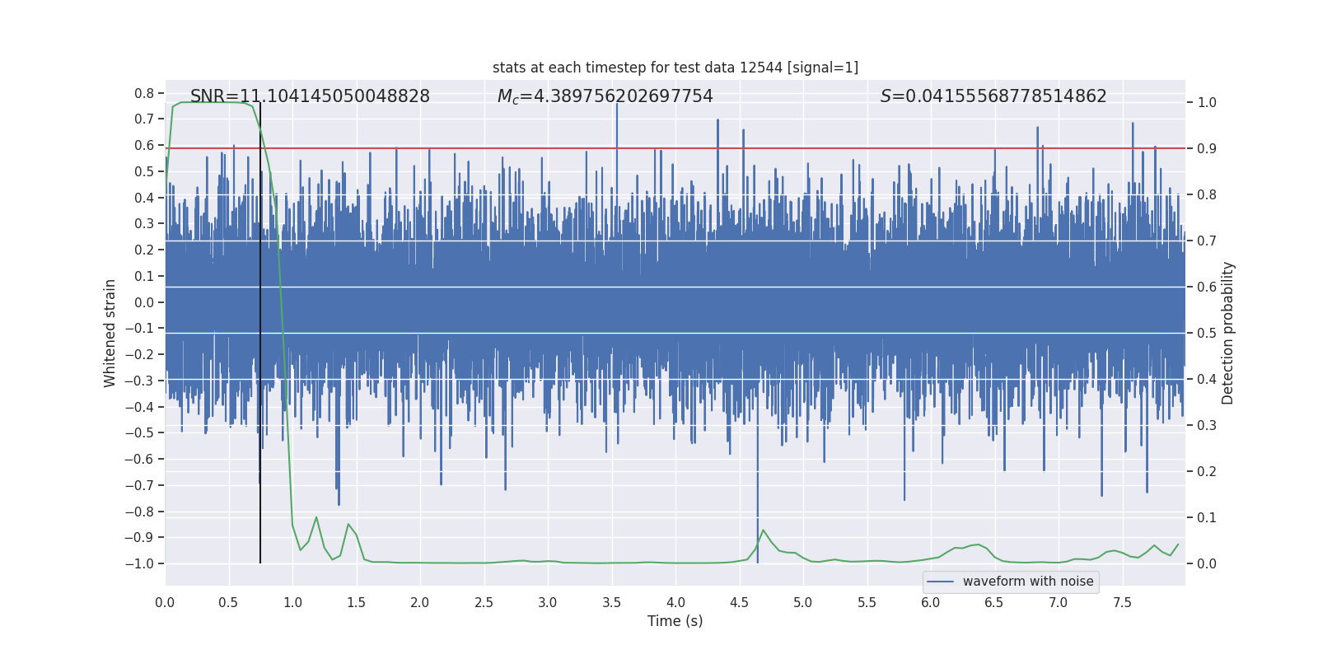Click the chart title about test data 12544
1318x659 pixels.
pos(675,68)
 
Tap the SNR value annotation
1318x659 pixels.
pos(310,96)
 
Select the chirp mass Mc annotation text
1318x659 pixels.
pos(605,96)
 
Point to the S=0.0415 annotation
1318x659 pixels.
pos(993,96)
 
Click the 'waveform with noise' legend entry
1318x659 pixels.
pos(1027,582)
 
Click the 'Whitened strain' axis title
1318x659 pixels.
pos(110,333)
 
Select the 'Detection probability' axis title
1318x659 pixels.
pos(1228,333)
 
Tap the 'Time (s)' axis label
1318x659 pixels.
pos(675,621)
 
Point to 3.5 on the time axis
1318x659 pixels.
pos(611,603)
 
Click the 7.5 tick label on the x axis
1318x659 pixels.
pos(1122,603)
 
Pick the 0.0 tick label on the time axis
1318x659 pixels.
pos(165,603)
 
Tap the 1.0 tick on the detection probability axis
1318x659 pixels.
pos(1207,103)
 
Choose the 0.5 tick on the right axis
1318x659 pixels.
pos(1207,334)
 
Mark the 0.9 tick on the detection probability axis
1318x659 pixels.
pos(1207,149)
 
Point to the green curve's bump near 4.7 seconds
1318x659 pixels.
pos(763,530)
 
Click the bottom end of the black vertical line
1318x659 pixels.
pos(260,563)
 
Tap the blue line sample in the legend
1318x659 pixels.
pos(941,582)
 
